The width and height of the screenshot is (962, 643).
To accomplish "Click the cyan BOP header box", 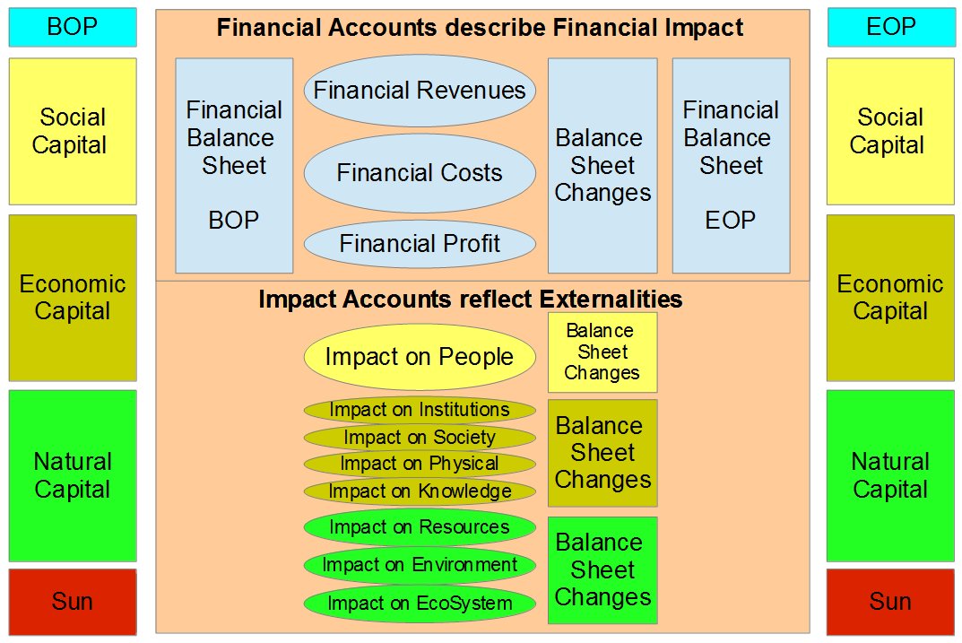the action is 73,27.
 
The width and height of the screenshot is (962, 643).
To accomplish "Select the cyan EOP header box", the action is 890,27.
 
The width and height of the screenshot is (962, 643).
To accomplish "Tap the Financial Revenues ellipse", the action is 420,91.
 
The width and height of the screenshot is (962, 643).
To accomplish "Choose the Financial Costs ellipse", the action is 420,173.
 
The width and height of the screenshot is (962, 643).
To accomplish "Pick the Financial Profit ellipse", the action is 420,244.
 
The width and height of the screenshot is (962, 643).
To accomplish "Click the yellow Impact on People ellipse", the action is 420,356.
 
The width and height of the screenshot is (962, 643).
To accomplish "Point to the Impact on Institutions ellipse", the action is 420,410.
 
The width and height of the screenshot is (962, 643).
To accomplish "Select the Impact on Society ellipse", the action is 420,438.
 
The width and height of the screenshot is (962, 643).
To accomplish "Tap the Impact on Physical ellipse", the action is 420,464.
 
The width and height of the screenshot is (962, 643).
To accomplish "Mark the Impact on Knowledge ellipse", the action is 420,491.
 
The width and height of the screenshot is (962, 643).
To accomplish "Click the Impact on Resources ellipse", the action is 420,527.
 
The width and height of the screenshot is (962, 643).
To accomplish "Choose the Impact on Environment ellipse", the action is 420,565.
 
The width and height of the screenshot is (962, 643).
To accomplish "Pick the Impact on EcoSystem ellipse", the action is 420,604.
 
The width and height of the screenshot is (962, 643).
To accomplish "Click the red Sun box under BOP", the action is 73,602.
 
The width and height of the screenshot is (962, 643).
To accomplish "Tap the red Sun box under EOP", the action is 890,602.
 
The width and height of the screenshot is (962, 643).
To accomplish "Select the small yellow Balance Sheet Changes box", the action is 602,352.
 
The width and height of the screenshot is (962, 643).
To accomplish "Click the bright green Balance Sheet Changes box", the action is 602,570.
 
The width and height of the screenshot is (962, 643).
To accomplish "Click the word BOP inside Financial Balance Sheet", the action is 234,221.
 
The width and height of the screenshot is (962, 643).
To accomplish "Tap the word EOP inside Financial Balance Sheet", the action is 730,221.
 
